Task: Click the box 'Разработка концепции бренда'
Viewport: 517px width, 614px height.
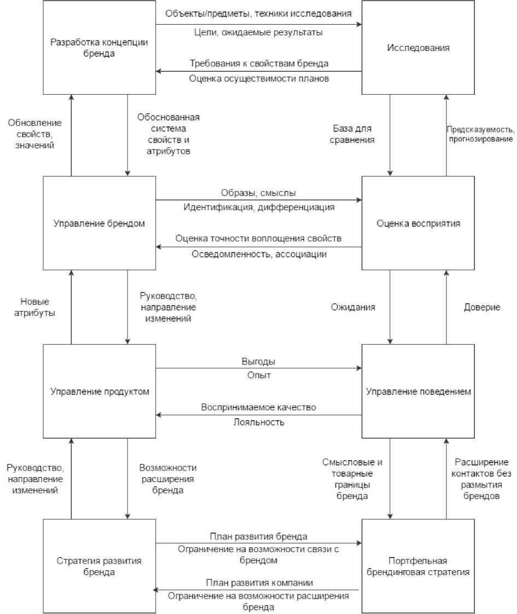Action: pos(99,48)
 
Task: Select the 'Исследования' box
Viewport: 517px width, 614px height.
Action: pos(419,48)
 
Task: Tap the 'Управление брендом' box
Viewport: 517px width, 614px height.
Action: pos(99,223)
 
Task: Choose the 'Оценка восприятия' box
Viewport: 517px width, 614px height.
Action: pos(419,223)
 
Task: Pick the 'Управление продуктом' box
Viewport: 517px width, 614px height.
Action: pos(99,391)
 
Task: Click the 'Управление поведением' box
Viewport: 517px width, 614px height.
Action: pos(419,391)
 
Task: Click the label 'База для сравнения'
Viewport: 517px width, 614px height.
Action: pos(353,135)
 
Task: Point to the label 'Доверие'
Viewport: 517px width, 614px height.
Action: pos(482,307)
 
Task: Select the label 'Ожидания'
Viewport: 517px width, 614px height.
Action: pos(353,307)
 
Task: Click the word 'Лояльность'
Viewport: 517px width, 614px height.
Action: pos(259,422)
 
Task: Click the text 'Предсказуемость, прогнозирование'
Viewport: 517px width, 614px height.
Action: pos(481,135)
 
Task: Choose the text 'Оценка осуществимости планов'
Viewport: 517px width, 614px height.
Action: pos(259,78)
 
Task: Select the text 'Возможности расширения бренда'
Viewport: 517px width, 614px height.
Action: pos(168,479)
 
